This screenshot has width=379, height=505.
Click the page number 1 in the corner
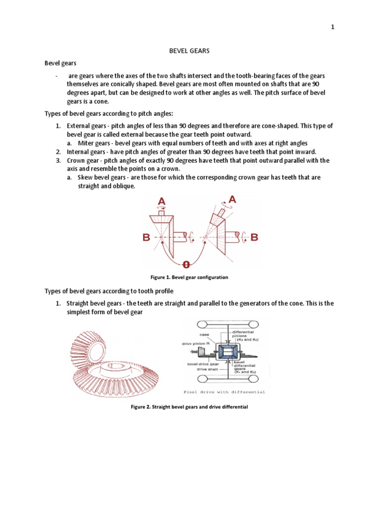pyautogui.click(x=333, y=28)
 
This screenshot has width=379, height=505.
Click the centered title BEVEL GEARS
pyautogui.click(x=189, y=50)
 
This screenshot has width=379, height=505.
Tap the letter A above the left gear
pyautogui.click(x=161, y=201)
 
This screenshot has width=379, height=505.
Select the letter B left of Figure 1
pyautogui.click(x=146, y=238)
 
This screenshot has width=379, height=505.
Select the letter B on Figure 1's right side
pyautogui.click(x=254, y=238)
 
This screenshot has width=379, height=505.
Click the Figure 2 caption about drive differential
pyautogui.click(x=189, y=407)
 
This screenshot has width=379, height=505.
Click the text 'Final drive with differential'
pyautogui.click(x=224, y=392)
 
